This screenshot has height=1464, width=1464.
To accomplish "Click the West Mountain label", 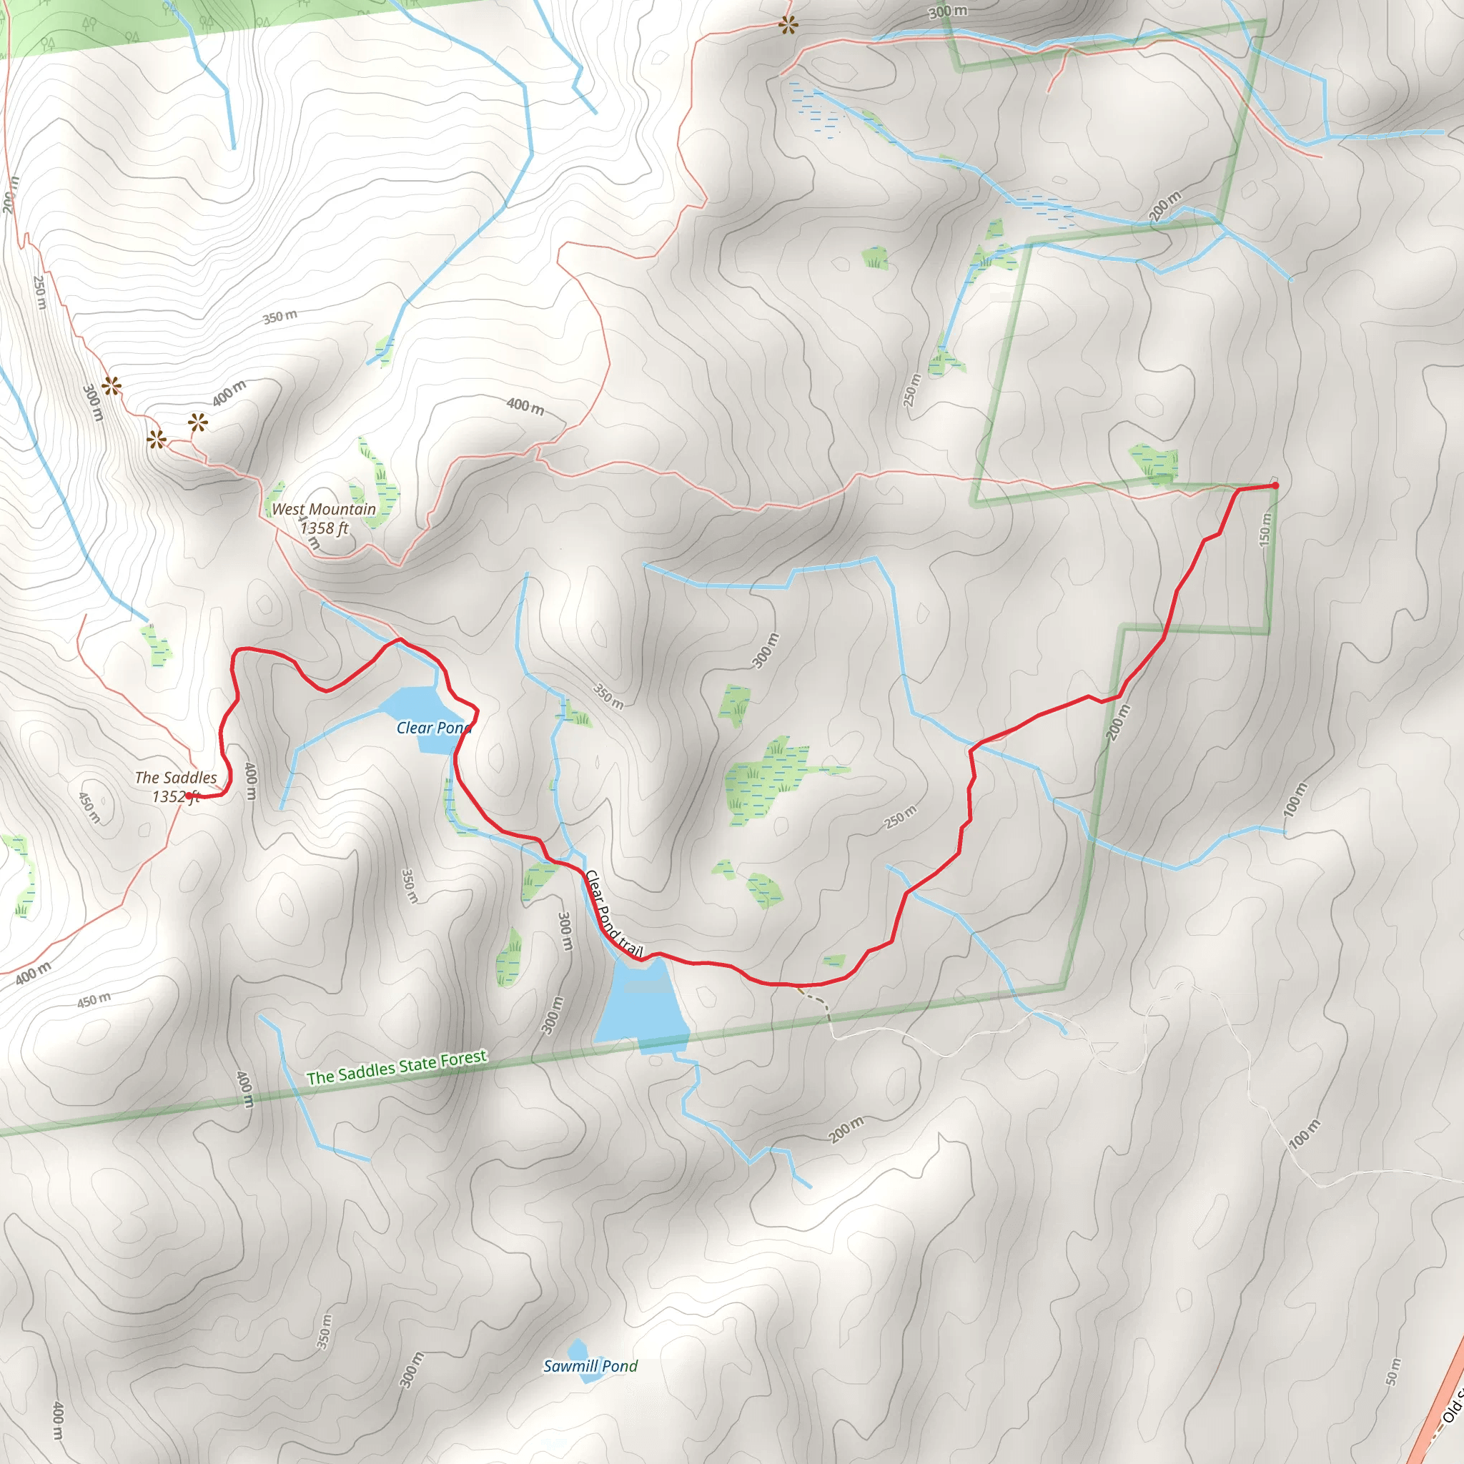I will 324,509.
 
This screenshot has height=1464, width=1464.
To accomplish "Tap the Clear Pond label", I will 433,728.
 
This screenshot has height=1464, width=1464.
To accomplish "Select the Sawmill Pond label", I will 590,1366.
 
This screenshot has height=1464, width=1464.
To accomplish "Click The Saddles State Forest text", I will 396,1068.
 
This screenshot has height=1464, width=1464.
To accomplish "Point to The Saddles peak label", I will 176,778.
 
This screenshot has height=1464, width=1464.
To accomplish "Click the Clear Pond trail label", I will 613,914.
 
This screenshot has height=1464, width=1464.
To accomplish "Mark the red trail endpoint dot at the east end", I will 1275,485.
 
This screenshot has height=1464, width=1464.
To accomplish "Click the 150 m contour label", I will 1265,529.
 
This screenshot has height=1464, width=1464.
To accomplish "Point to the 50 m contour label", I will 1393,1372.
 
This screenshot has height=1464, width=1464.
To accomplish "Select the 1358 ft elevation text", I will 325,528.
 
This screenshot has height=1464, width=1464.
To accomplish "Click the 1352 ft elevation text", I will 176,796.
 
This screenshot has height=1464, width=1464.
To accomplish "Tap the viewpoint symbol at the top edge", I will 788,26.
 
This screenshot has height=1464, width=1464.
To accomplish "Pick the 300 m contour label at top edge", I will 948,12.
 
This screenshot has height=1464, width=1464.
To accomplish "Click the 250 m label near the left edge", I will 40,292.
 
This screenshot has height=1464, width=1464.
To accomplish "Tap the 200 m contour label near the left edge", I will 10,194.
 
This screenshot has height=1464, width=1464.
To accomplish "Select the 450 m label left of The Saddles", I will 89,808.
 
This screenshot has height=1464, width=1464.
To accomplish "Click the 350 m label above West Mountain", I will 280,317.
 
